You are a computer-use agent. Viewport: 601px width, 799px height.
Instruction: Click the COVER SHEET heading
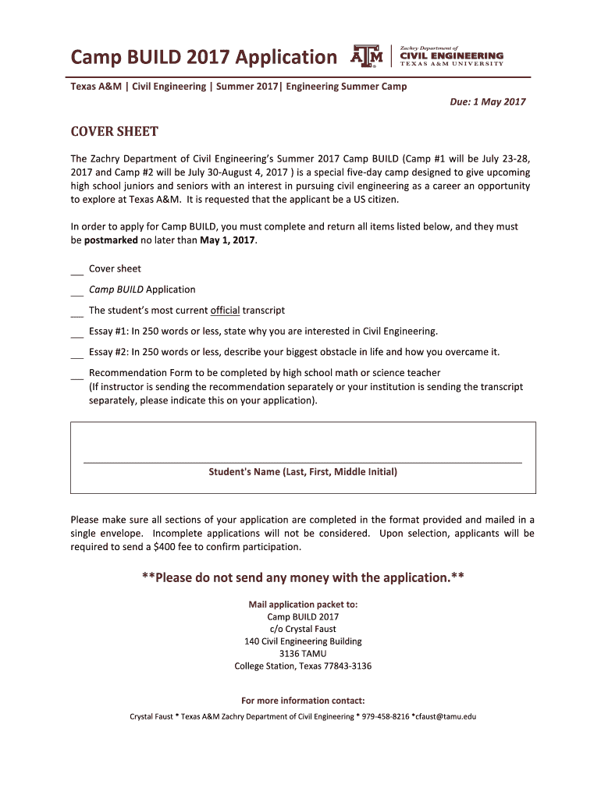pyautogui.click(x=114, y=131)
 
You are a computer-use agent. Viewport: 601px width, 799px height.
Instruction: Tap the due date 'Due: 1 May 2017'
pyautogui.click(x=487, y=101)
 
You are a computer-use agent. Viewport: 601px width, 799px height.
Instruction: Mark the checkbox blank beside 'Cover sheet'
pyautogui.click(x=76, y=270)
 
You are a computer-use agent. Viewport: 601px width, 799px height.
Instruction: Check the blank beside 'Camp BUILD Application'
pyautogui.click(x=76, y=291)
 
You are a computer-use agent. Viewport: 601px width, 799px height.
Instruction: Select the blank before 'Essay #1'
pyautogui.click(x=76, y=332)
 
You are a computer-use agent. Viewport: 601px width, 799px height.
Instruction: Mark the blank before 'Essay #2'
pyautogui.click(x=76, y=353)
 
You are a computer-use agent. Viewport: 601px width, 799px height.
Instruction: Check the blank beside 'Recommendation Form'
pyautogui.click(x=76, y=375)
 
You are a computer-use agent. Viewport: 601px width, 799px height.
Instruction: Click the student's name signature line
pyautogui.click(x=302, y=462)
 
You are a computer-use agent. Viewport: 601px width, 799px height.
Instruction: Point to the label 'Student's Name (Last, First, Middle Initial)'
pyautogui.click(x=303, y=472)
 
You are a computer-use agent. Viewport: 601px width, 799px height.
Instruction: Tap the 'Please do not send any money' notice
pyautogui.click(x=303, y=578)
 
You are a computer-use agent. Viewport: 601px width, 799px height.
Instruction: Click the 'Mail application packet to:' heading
pyautogui.click(x=303, y=604)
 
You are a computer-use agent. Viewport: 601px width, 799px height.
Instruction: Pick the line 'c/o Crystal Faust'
pyautogui.click(x=303, y=629)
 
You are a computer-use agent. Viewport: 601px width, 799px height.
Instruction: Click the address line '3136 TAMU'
pyautogui.click(x=303, y=654)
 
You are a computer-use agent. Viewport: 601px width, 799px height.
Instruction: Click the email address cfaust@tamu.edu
pyautogui.click(x=444, y=716)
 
